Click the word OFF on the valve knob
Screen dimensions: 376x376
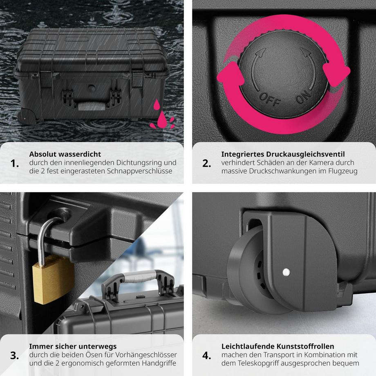[270, 99]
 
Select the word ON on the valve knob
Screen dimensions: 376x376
[303, 96]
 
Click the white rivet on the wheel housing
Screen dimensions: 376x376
[286, 272]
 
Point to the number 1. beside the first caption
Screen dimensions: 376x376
[15, 163]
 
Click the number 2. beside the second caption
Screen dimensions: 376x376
[207, 163]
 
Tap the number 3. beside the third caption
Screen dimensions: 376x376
[15, 356]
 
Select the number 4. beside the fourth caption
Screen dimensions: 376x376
[207, 356]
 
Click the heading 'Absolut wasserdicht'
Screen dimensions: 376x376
[65, 154]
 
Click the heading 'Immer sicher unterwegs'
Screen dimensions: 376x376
[73, 346]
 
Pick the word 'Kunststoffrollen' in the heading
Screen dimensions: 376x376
[305, 346]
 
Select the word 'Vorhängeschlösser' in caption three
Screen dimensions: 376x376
[146, 355]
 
